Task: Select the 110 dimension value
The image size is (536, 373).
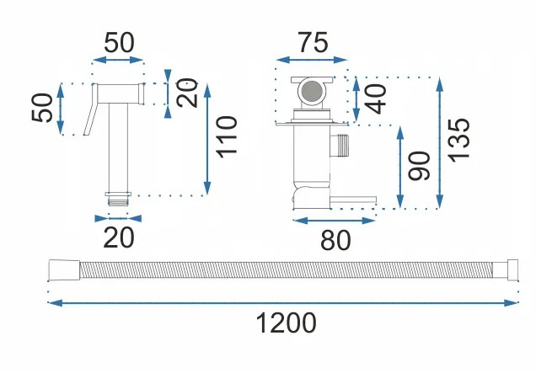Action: click(x=226, y=139)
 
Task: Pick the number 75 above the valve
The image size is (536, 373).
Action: click(x=312, y=43)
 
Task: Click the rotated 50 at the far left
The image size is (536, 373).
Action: click(x=44, y=108)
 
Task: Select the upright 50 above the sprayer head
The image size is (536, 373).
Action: click(x=120, y=43)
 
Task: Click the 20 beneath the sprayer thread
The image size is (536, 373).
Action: click(x=119, y=238)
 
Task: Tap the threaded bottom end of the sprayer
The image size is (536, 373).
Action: click(x=119, y=200)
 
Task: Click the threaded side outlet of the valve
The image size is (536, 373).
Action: click(x=341, y=146)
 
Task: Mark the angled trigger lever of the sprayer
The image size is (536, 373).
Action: click(x=92, y=115)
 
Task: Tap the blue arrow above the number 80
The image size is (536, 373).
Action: click(x=334, y=221)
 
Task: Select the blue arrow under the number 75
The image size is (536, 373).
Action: click(x=311, y=60)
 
